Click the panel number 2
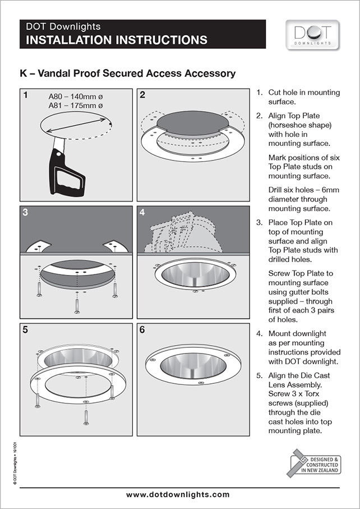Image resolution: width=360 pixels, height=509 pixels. pos(142,95)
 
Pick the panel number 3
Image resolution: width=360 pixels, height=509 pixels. pos(26,213)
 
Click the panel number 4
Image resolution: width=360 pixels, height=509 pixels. pos(142,213)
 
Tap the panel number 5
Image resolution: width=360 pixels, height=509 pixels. pos(26,329)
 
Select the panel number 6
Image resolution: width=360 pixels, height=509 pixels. pos(142,329)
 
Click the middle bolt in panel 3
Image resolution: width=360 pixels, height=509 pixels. pos(77,304)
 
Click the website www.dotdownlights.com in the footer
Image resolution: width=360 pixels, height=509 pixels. pos(178,494)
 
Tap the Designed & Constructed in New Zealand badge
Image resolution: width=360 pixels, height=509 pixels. pos(315,464)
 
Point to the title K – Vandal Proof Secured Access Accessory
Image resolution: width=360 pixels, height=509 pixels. pos(128,74)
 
